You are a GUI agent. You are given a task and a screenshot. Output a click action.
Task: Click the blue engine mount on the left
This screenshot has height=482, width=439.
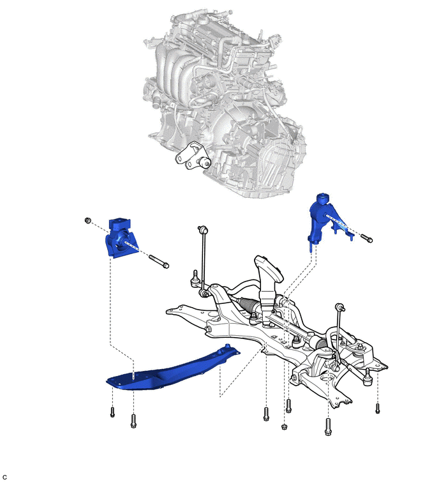click(119, 237)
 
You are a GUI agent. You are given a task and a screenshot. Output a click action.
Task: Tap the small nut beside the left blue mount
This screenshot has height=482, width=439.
click(88, 221)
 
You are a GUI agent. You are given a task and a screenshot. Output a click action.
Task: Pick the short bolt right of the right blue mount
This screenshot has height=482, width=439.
click(366, 239)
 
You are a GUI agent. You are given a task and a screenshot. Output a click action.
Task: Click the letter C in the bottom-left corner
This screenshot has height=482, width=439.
click(4, 477)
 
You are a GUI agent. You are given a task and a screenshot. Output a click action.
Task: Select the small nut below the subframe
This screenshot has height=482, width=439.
click(283, 425)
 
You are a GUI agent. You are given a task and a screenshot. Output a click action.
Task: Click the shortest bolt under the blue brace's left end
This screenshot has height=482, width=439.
click(112, 412)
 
